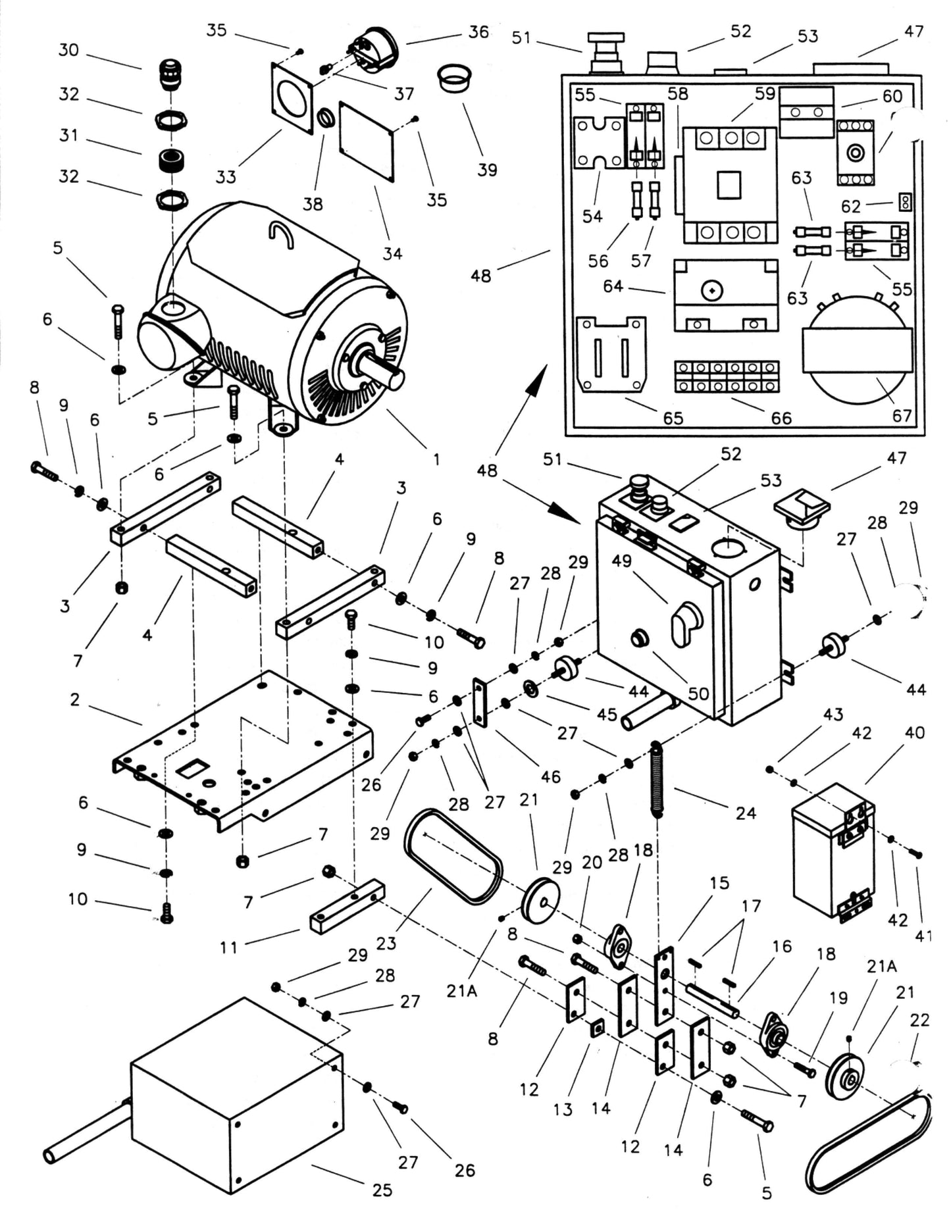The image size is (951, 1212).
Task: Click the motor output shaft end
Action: (394, 380)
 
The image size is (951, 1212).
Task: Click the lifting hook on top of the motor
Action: (281, 234)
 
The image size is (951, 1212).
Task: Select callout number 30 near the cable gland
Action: (68, 50)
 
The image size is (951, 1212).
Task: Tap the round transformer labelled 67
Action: (857, 349)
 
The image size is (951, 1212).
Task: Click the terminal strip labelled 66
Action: (727, 376)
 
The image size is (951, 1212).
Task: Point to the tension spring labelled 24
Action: (656, 779)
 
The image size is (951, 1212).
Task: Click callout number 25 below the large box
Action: (382, 1190)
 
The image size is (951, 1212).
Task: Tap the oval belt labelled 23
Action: (453, 857)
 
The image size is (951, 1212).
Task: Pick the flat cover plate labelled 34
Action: (367, 141)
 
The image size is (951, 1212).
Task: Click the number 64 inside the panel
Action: (613, 286)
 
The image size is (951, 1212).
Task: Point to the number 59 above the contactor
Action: (765, 93)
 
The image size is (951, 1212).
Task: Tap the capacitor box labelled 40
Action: (833, 852)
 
